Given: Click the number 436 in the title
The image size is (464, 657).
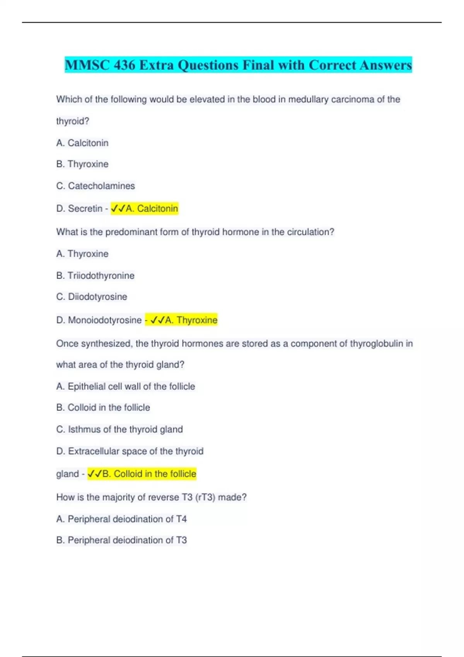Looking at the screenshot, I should (x=124, y=65).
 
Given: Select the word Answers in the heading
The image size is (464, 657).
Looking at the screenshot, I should (x=385, y=65).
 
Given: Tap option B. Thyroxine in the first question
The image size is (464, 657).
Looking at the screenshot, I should (x=82, y=164).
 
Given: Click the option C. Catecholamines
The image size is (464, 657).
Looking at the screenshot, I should (x=96, y=186).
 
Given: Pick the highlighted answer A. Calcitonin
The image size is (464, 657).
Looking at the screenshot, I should (x=145, y=209).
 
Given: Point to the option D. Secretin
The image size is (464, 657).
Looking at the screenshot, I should (x=79, y=209).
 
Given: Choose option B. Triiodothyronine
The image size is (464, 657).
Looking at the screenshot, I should (x=96, y=276).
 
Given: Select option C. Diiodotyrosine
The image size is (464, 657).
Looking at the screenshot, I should (x=92, y=297).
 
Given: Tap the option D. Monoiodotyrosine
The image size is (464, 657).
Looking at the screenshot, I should (x=99, y=320).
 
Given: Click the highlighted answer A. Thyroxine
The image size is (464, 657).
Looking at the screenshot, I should (x=182, y=320).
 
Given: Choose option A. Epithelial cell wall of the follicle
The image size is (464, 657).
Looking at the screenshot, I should (x=126, y=386).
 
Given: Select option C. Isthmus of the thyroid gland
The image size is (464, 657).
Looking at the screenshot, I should (x=119, y=429).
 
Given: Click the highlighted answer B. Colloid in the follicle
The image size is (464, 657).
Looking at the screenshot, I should (x=142, y=474).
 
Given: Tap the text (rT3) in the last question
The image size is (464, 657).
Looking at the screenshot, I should (x=205, y=497).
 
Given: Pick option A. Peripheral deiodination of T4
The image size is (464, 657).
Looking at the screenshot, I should (x=121, y=519).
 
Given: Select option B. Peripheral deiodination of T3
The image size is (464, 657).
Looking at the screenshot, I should (x=121, y=540).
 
